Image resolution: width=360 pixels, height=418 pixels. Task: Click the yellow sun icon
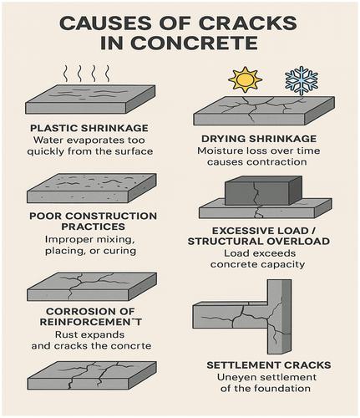click(x=245, y=79)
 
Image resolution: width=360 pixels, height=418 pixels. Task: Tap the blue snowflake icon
click(x=302, y=80)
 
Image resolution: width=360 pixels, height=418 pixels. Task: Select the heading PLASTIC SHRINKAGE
click(x=89, y=128)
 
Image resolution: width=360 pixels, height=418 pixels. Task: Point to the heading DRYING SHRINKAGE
click(x=259, y=139)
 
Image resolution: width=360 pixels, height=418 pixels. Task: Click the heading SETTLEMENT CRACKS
click(x=269, y=365)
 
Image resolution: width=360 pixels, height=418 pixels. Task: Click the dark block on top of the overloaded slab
click(x=263, y=191)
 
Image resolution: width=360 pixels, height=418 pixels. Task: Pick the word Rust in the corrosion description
click(x=66, y=334)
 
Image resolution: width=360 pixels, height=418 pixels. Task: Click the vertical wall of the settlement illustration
click(x=279, y=317)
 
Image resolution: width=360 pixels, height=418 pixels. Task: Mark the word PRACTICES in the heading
click(x=93, y=227)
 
